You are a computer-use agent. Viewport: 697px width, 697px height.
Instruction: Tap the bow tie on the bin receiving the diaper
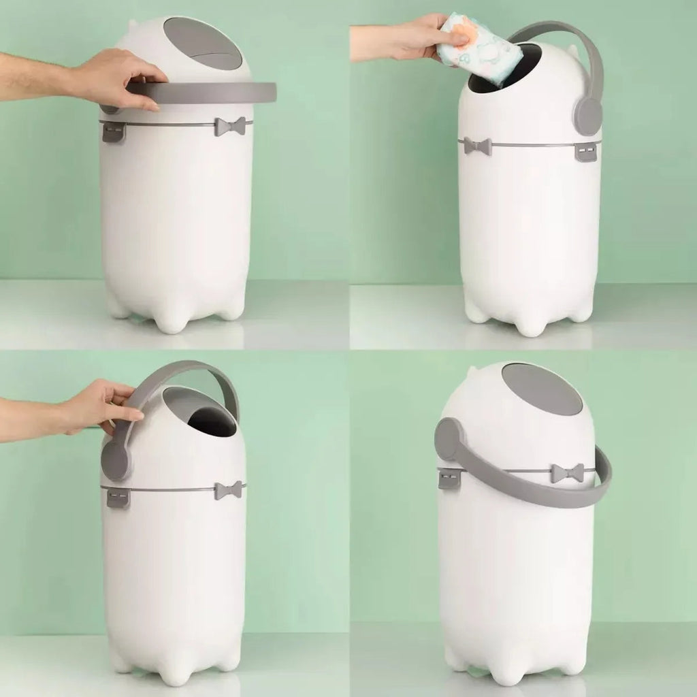[477, 146]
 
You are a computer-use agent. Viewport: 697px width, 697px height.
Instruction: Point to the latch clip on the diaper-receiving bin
[585, 151]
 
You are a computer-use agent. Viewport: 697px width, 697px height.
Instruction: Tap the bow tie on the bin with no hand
[567, 473]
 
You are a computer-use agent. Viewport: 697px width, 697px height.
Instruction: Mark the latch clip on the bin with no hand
[450, 479]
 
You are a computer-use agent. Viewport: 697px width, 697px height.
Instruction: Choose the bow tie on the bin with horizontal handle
[229, 127]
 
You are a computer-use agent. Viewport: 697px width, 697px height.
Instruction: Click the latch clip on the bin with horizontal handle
[114, 131]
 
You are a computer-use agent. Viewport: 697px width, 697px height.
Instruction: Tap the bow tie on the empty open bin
[228, 490]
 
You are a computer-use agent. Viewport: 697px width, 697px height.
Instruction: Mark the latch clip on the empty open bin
[118, 497]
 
